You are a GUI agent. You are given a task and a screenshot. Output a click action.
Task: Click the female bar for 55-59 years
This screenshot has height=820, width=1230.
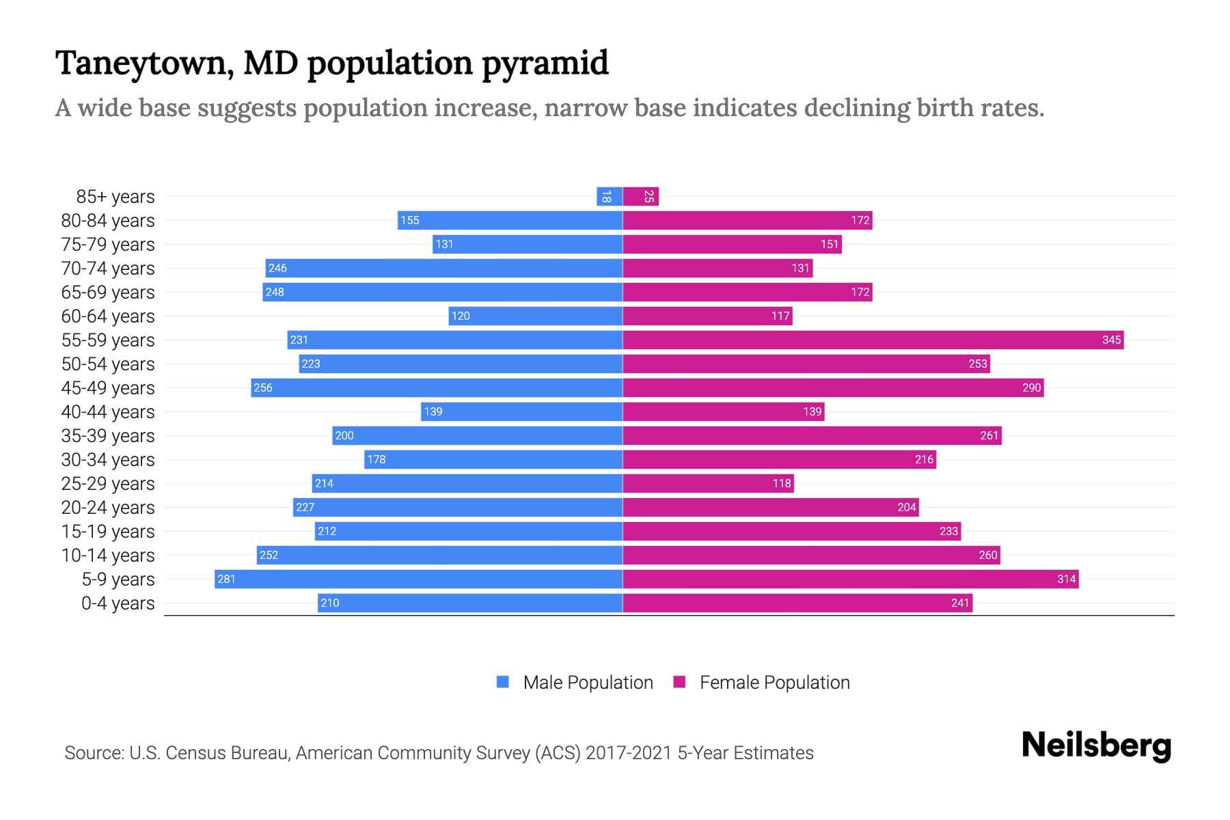click(x=873, y=340)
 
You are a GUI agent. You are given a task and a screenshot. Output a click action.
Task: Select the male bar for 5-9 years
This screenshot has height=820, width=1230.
click(x=418, y=579)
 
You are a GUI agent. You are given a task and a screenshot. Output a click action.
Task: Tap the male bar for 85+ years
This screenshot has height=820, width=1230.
click(x=609, y=197)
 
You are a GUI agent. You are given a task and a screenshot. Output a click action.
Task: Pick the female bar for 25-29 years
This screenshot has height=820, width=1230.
click(x=708, y=483)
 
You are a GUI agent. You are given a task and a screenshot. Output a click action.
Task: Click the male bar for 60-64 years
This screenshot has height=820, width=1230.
click(x=535, y=316)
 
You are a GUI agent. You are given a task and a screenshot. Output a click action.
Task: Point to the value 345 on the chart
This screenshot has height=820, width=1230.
click(x=1111, y=340)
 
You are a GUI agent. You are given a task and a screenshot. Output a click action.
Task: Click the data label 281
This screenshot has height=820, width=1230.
click(x=226, y=579)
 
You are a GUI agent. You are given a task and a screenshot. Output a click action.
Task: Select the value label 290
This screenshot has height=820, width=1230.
click(x=1031, y=387)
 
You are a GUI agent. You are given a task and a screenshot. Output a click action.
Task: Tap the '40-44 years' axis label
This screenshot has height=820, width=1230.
click(x=108, y=411)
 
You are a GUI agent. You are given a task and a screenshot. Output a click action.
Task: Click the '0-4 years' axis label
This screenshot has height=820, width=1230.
click(x=118, y=603)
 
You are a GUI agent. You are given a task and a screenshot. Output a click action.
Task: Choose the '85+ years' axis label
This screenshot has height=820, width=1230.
click(x=115, y=197)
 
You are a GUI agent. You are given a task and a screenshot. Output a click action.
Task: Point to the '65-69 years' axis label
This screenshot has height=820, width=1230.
click(x=108, y=292)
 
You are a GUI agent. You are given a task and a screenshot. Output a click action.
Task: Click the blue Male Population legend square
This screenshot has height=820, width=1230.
click(x=503, y=682)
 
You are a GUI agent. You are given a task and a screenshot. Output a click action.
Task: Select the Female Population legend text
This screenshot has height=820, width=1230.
click(x=774, y=682)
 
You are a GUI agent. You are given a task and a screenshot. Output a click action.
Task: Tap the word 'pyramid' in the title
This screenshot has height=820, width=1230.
click(x=545, y=63)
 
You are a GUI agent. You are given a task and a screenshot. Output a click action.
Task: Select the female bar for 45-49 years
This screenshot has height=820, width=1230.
click(x=833, y=387)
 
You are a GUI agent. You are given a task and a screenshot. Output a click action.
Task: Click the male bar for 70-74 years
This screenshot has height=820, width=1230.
click(x=444, y=268)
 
